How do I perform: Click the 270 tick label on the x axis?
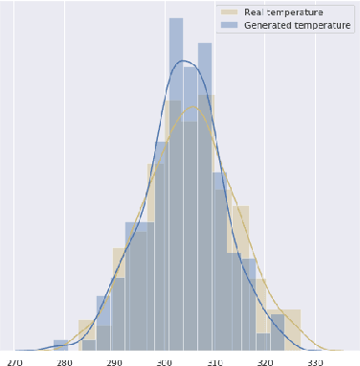pyautogui.click(x=15, y=362)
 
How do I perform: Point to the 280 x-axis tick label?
pyautogui.click(x=64, y=362)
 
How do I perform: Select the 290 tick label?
pyautogui.click(x=115, y=362)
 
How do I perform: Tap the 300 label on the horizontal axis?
pyautogui.click(x=165, y=362)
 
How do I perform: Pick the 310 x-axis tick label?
pyautogui.click(x=214, y=362)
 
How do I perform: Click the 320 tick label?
pyautogui.click(x=265, y=362)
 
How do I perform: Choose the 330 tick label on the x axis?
pyautogui.click(x=315, y=362)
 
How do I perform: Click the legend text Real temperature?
pyautogui.click(x=277, y=11)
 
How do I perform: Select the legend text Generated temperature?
pyautogui.click(x=291, y=25)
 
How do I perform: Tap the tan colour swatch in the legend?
pyautogui.click(x=229, y=11)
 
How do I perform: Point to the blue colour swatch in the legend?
pyautogui.click(x=229, y=25)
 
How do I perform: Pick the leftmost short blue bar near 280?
pyautogui.click(x=60, y=344)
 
